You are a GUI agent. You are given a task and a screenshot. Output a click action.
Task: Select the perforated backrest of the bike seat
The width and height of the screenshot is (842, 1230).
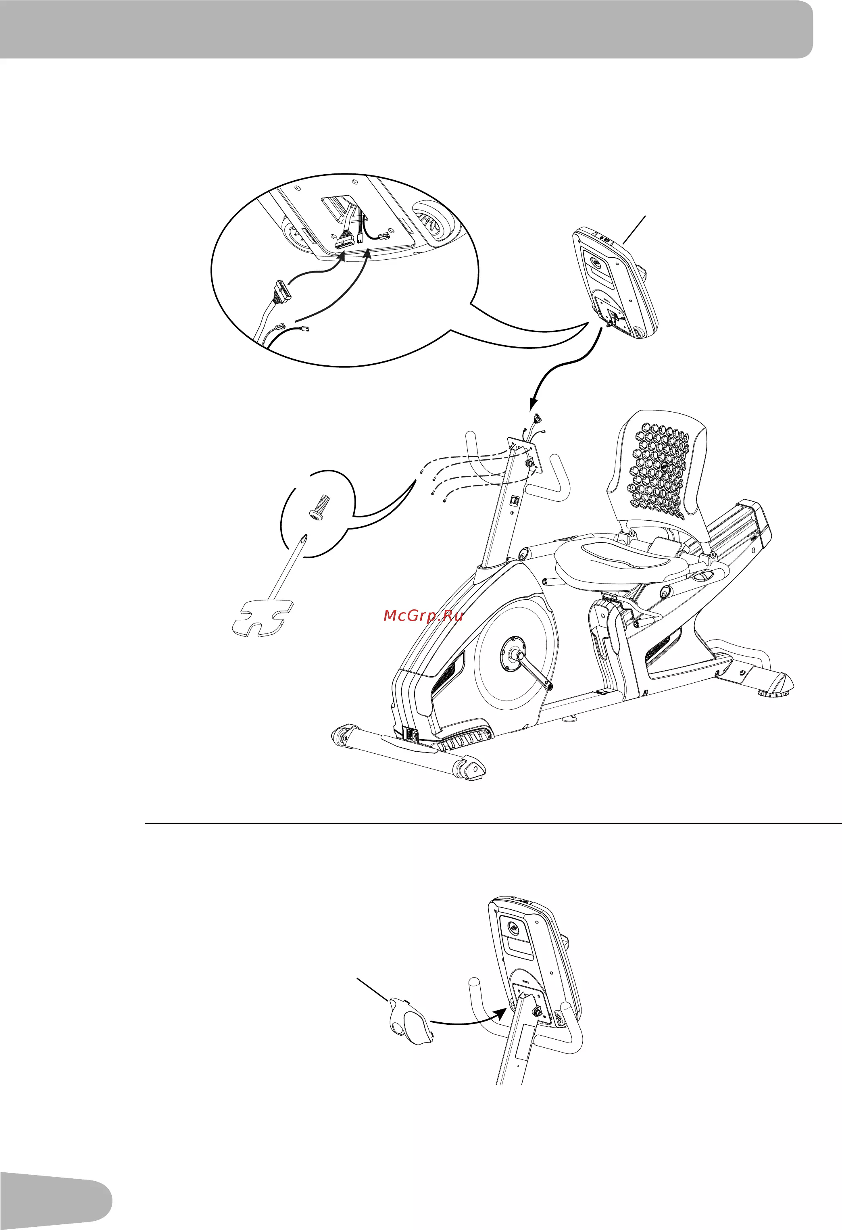pyautogui.click(x=659, y=466)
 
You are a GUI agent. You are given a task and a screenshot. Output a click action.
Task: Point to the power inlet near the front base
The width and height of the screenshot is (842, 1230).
pyautogui.click(x=412, y=734)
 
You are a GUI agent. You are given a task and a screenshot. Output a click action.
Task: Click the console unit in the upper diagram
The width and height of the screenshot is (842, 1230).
pyautogui.click(x=615, y=283)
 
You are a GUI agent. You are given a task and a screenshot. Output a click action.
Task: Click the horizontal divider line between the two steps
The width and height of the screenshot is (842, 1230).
pyautogui.click(x=493, y=823)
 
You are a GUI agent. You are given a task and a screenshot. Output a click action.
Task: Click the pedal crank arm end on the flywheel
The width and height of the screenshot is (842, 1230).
pyautogui.click(x=551, y=686)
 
